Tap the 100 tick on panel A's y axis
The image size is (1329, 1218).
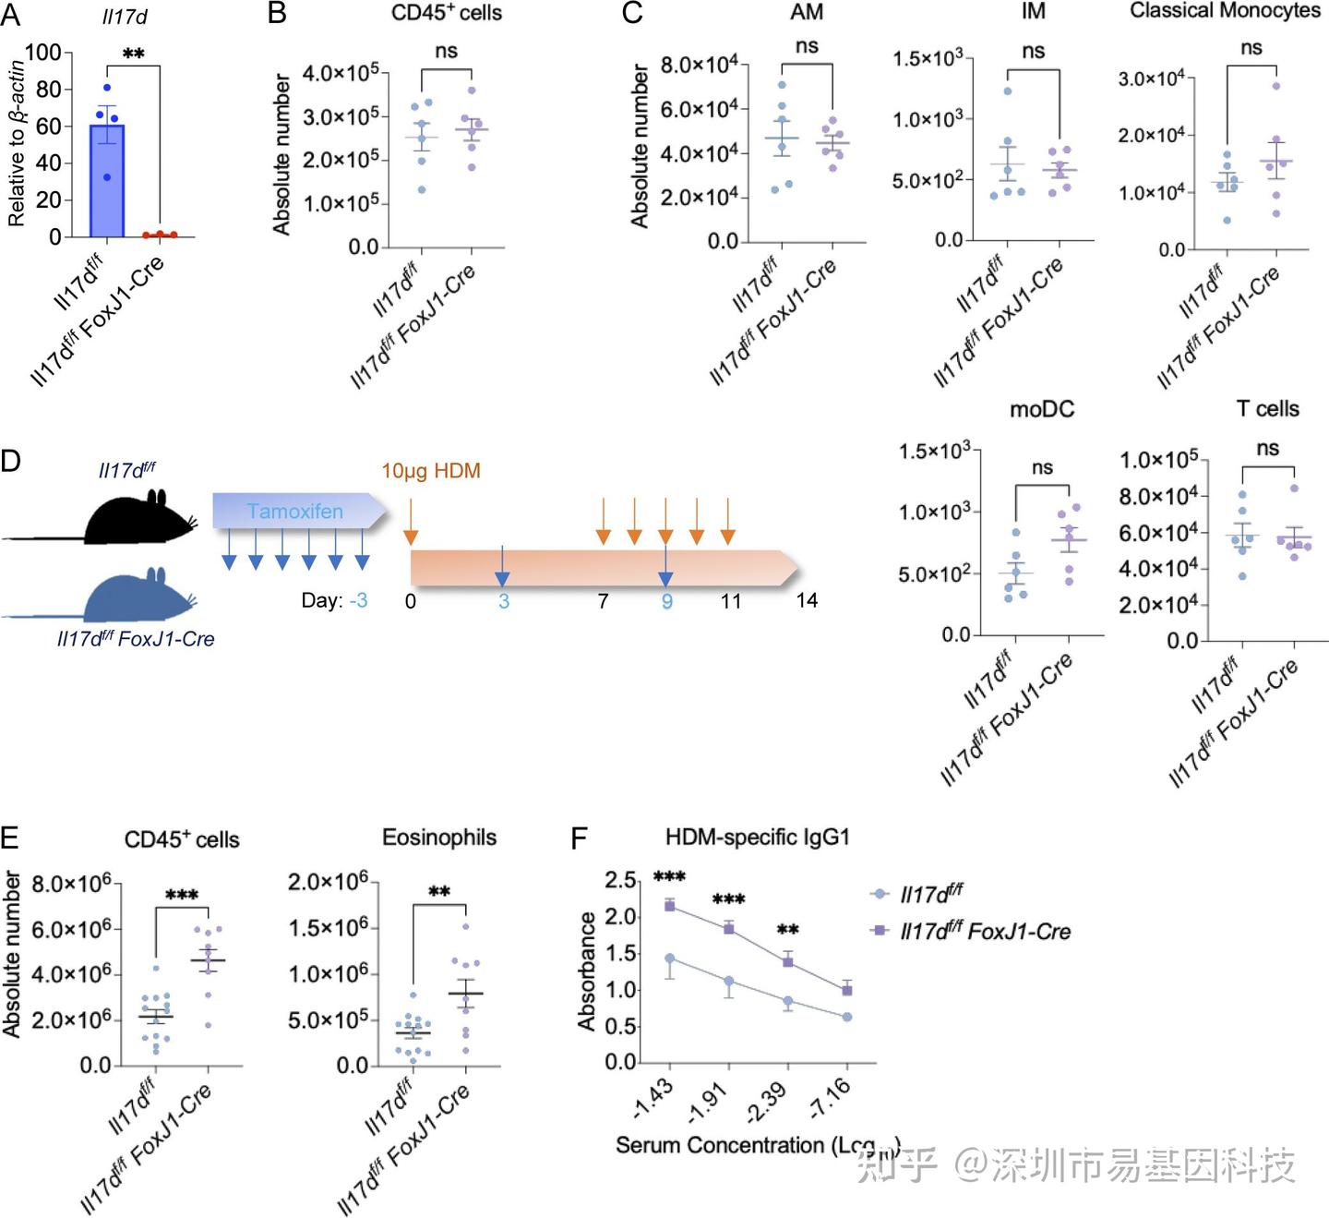(x=43, y=53)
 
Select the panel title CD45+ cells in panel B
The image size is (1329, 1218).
(x=447, y=13)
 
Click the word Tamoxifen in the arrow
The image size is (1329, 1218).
(x=294, y=512)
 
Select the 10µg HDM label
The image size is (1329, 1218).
(x=431, y=471)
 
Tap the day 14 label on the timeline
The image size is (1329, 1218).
(x=807, y=601)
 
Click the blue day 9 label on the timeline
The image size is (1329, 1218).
(x=666, y=602)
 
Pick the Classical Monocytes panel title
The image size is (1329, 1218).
(x=1225, y=11)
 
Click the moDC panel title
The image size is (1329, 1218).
(x=1042, y=409)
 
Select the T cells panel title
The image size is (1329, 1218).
(x=1267, y=409)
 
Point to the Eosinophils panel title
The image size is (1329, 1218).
(x=439, y=838)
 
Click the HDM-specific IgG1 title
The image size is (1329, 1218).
(x=757, y=838)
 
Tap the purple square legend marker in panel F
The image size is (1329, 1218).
(x=880, y=930)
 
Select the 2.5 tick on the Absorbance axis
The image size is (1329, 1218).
(x=620, y=881)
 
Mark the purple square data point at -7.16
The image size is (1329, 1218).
(x=846, y=990)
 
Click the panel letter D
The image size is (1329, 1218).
(x=11, y=459)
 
